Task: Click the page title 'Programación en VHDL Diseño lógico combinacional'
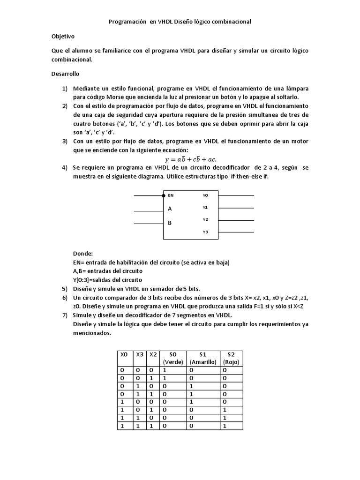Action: pyautogui.click(x=180, y=22)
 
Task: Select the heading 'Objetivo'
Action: pyautogui.click(x=62, y=36)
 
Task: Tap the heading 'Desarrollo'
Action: pyautogui.click(x=65, y=74)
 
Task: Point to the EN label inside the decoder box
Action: pyautogui.click(x=171, y=195)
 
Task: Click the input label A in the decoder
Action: pyautogui.click(x=170, y=209)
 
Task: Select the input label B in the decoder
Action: pyautogui.click(x=170, y=223)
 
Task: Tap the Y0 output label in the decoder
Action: pyautogui.click(x=205, y=195)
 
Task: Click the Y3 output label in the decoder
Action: pyautogui.click(x=205, y=232)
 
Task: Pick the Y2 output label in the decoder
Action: pyautogui.click(x=205, y=219)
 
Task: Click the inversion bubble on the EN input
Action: pyautogui.click(x=164, y=195)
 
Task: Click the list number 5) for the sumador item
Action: pyautogui.click(x=65, y=289)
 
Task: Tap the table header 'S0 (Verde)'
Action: pyautogui.click(x=173, y=358)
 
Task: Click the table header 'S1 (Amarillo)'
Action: pyautogui.click(x=203, y=358)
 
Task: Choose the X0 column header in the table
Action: pyautogui.click(x=124, y=355)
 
